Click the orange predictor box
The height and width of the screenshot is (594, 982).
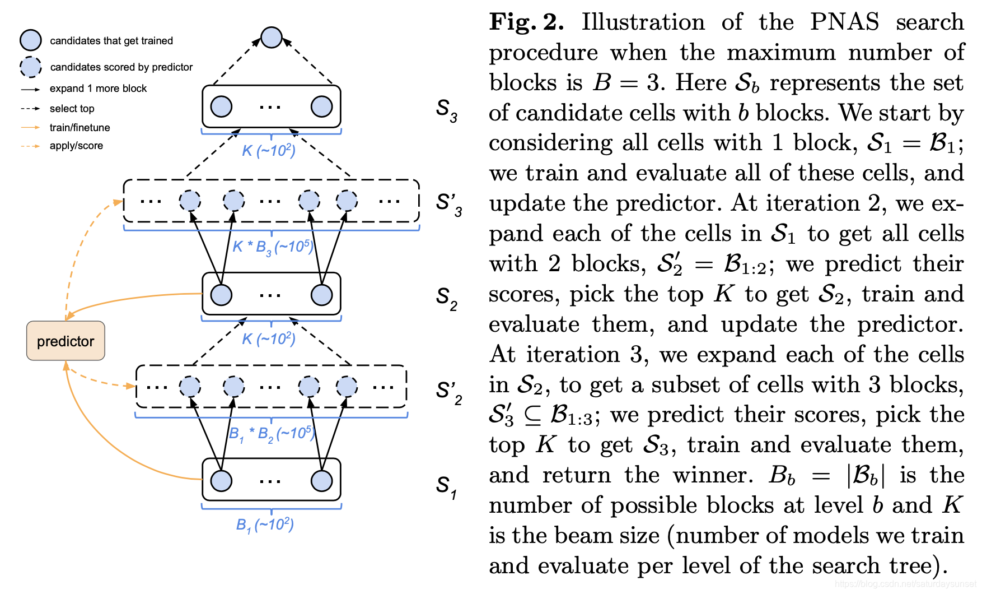point(66,341)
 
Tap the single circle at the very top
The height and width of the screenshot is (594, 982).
point(272,38)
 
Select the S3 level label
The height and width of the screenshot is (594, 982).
point(446,110)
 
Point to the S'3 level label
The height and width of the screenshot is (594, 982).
point(449,204)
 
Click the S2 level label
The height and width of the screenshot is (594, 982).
point(446,298)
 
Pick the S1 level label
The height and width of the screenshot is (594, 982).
point(446,486)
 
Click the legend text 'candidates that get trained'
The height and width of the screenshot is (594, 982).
point(111,41)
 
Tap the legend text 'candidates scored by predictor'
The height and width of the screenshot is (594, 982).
point(121,67)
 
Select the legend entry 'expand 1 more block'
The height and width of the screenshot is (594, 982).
point(98,89)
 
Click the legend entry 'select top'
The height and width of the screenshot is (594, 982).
point(72,109)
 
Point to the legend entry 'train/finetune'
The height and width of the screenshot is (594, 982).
point(80,128)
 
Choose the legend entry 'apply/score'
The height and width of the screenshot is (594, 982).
point(76,146)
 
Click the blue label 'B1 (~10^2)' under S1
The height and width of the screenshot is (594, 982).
point(265,525)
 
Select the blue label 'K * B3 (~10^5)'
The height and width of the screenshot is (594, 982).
point(273,247)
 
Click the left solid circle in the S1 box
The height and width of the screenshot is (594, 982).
point(221,481)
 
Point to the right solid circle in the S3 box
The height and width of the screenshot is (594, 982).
point(321,106)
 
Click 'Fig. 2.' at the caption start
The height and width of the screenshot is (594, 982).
point(526,22)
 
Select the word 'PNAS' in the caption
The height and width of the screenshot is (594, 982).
point(844,22)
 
